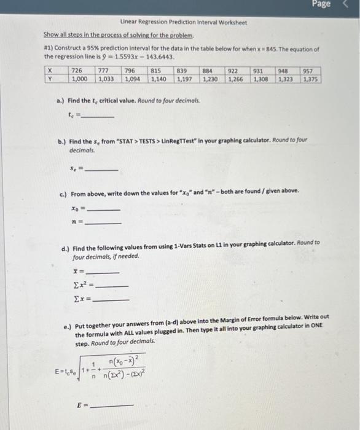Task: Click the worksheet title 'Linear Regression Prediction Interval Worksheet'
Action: [184, 23]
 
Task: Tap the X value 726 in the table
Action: [77, 71]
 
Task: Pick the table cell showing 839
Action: [182, 71]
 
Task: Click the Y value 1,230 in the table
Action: [210, 79]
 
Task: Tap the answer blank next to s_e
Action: [102, 168]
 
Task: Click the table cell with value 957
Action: [308, 71]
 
